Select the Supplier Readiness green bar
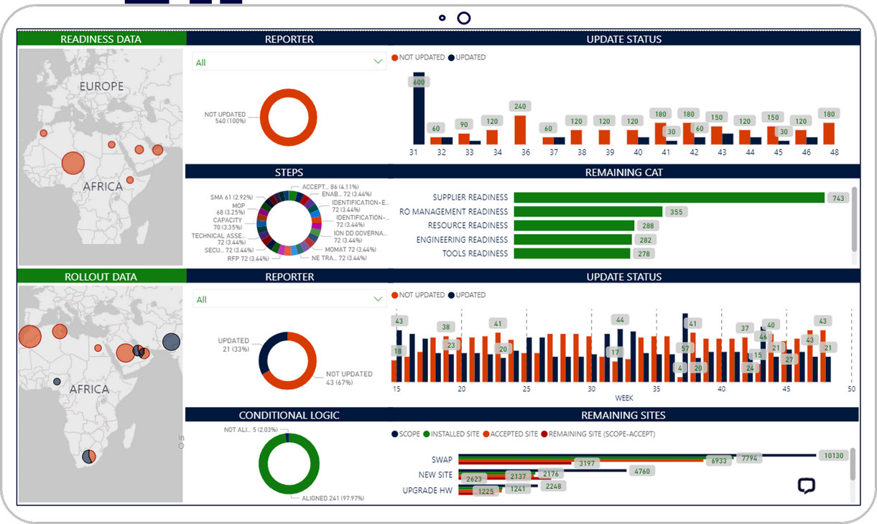[669, 197]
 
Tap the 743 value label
[837, 198]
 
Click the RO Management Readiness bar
[588, 212]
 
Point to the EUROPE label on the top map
[101, 86]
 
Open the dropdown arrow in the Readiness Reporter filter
[378, 62]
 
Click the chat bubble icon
[807, 486]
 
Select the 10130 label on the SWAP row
[833, 455]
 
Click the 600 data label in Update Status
[419, 82]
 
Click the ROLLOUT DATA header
[101, 276]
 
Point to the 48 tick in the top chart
[834, 152]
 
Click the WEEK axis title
[623, 398]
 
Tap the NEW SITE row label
[435, 475]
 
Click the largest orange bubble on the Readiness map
[73, 163]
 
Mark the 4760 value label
[642, 472]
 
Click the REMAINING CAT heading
[623, 172]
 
